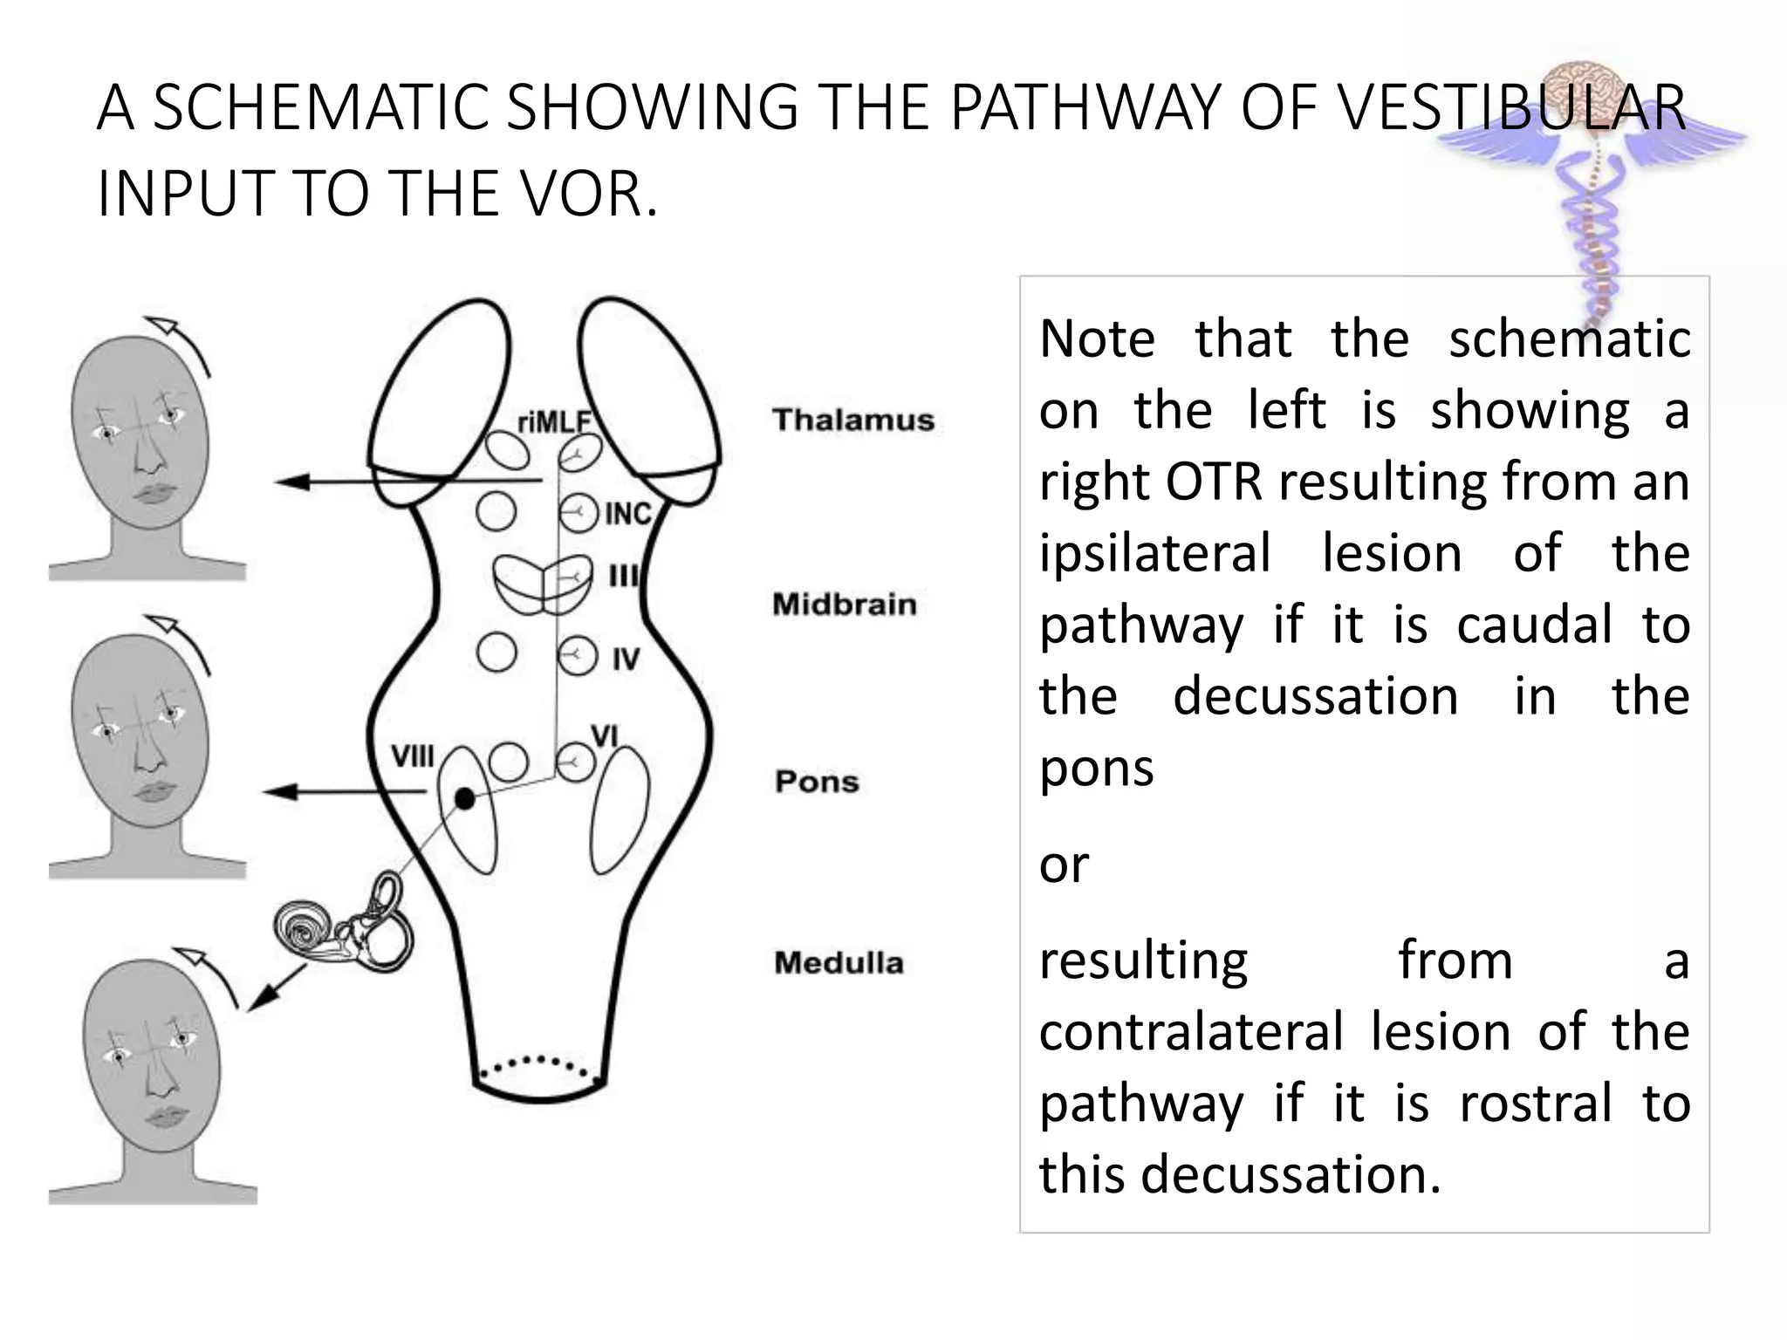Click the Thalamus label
pos(852,420)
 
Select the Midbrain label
pos(844,604)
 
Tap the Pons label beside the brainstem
pos(817,782)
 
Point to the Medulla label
pos(839,963)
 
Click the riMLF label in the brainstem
pos(554,423)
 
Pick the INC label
pos(628,514)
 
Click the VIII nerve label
pos(412,756)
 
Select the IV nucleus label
pos(625,660)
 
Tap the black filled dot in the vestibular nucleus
pos(465,798)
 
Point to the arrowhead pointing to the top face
pos(291,482)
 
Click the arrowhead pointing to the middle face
pos(279,792)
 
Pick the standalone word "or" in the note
pos(1064,865)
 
